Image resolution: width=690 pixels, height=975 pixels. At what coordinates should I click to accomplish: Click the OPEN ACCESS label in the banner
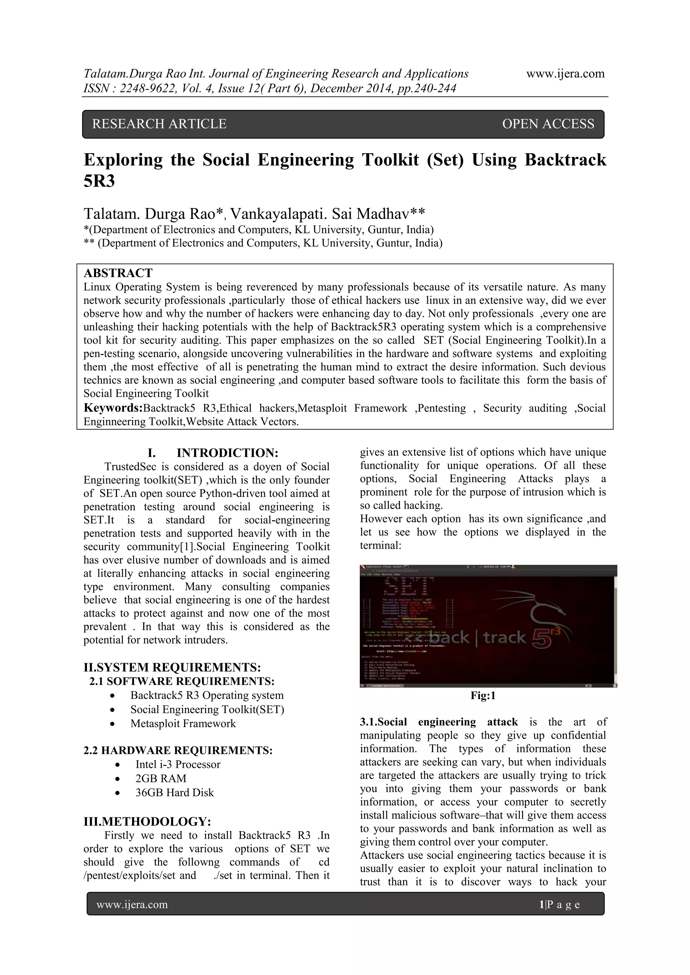point(548,124)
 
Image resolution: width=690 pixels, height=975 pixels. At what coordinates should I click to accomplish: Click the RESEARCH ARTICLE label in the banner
point(159,124)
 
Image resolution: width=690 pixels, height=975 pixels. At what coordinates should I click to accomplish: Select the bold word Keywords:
point(113,408)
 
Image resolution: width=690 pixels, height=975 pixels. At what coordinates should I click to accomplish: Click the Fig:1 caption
point(483,695)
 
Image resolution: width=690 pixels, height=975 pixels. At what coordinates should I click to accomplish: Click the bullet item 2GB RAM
point(161,778)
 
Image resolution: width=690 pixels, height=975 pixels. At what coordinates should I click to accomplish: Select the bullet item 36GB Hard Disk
point(174,792)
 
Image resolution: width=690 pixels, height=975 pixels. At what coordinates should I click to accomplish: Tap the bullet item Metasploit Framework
point(183,724)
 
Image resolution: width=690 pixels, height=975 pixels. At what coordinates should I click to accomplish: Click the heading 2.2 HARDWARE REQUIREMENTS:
point(178,750)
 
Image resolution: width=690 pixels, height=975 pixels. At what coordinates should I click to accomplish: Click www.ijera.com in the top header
point(565,74)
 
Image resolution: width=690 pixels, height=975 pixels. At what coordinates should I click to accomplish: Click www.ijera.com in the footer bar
point(132,905)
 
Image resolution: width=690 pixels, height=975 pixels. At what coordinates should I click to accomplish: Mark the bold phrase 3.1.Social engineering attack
point(438,722)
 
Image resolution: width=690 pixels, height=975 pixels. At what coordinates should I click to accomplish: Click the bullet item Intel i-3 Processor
point(178,765)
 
